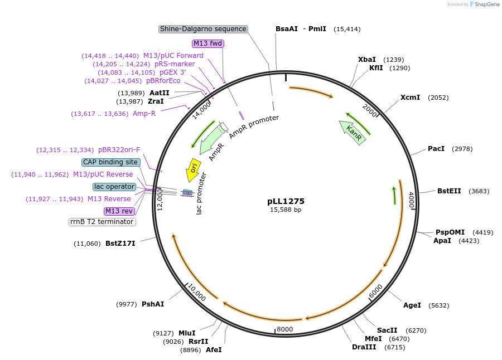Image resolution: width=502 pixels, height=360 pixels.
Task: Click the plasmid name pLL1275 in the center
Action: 286,201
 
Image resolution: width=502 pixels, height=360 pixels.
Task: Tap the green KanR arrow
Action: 353,133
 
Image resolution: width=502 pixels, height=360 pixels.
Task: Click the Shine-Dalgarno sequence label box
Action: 203,29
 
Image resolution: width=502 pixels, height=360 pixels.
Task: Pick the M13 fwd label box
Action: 208,43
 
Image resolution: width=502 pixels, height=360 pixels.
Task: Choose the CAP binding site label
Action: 110,162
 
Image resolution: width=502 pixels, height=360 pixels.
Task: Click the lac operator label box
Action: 114,187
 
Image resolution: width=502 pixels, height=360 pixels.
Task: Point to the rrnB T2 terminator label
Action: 102,222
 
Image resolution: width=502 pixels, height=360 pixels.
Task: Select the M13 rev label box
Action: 119,211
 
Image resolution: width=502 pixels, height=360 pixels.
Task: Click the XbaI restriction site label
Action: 367,60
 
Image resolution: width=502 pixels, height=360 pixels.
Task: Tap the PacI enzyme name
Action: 436,149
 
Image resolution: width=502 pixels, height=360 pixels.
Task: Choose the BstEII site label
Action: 449,191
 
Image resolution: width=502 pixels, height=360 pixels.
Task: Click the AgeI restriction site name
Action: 412,305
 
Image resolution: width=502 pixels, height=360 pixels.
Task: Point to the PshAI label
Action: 153,304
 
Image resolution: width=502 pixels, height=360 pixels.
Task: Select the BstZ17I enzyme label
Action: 120,244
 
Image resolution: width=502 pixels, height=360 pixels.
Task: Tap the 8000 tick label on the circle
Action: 285,329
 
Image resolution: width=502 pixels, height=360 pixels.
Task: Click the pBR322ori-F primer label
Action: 119,150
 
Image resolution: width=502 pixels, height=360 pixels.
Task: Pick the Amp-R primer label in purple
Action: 144,114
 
